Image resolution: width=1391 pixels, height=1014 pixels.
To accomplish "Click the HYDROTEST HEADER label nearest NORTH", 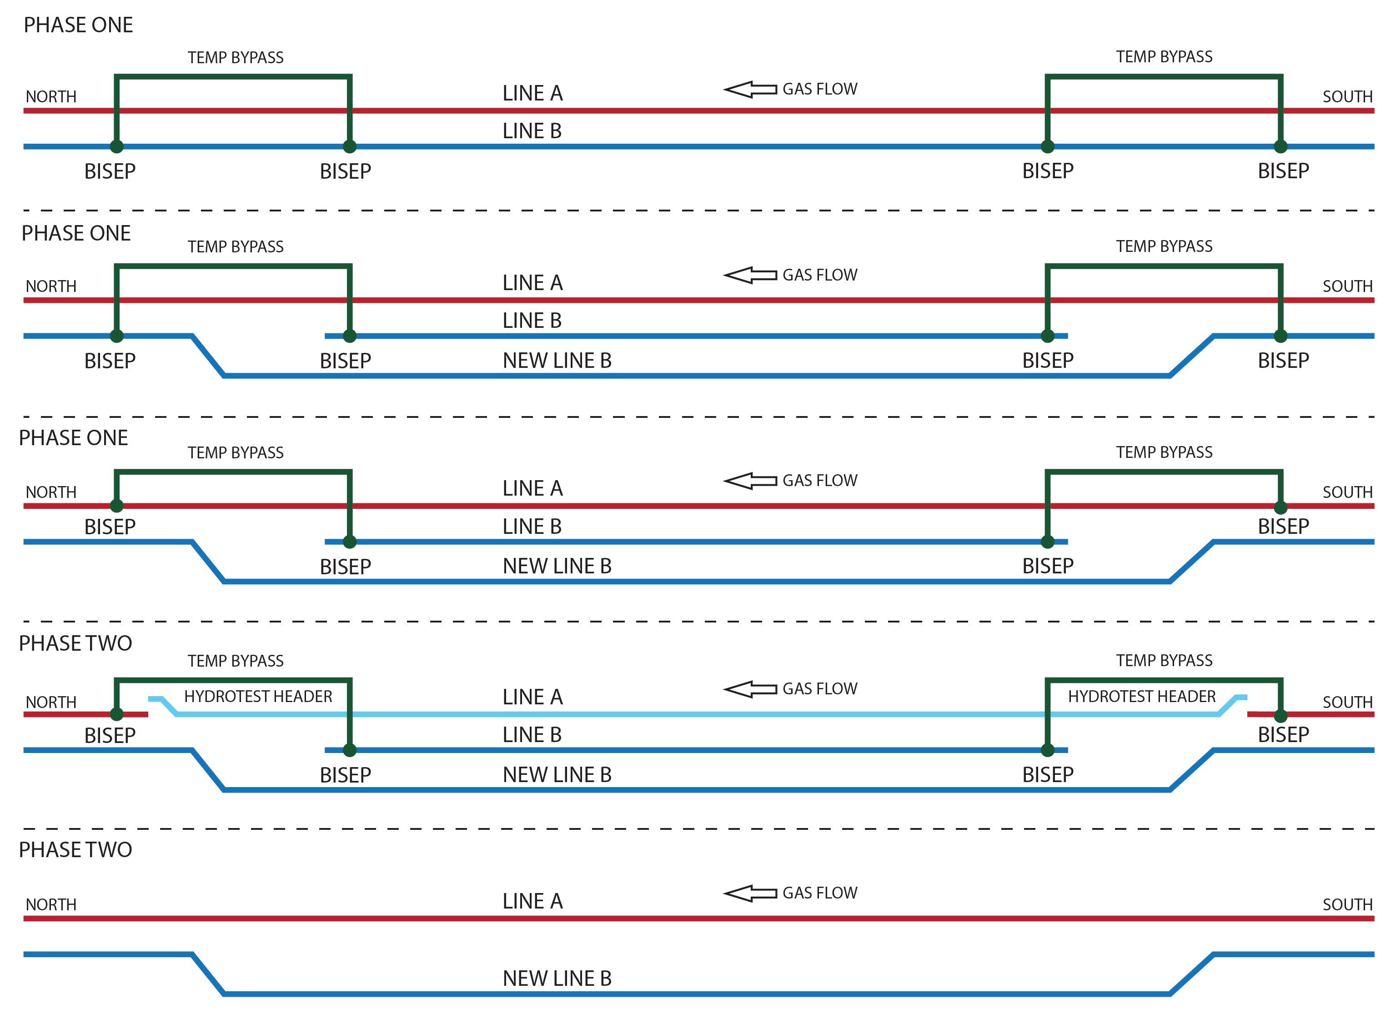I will pyautogui.click(x=258, y=696).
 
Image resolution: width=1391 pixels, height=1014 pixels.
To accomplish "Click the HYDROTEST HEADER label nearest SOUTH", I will pyautogui.click(x=1141, y=696).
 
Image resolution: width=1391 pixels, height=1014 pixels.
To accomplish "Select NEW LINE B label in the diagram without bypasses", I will pyautogui.click(x=557, y=979).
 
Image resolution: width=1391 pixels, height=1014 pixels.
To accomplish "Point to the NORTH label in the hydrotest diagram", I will pyautogui.click(x=51, y=702).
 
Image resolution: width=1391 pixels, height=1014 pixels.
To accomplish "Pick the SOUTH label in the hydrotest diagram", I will pyautogui.click(x=1347, y=702).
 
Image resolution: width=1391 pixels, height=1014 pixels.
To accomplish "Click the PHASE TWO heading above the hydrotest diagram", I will pyautogui.click(x=75, y=643).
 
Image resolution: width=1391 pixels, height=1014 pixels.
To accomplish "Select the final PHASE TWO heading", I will pyautogui.click(x=75, y=849).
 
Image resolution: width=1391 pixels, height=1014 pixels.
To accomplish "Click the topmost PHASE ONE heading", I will pyautogui.click(x=78, y=25).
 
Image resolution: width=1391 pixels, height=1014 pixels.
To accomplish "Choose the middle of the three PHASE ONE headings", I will pyautogui.click(x=76, y=233).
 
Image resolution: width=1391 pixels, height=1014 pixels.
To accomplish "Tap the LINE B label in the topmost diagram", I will pyautogui.click(x=532, y=131).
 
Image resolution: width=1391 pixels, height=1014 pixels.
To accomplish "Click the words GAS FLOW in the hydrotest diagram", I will pyautogui.click(x=819, y=689).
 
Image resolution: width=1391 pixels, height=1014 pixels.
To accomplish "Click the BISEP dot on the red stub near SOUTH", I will pyautogui.click(x=1281, y=715).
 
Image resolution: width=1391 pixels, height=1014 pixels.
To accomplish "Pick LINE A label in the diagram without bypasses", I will pyautogui.click(x=532, y=901).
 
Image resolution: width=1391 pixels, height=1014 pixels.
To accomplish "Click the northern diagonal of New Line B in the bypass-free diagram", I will pyautogui.click(x=209, y=974).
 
